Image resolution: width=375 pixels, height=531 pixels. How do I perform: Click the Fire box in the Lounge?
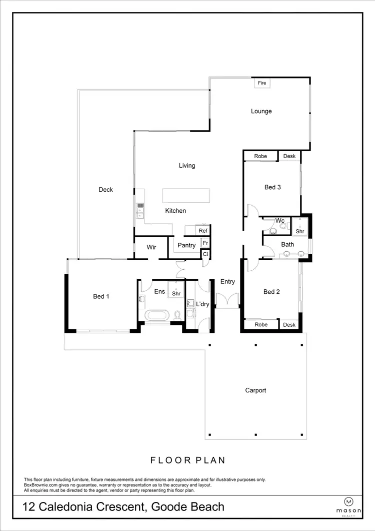[x=262, y=83]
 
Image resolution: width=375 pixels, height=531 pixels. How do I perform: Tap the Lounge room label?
[x=261, y=111]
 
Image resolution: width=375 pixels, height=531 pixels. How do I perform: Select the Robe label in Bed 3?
[x=260, y=156]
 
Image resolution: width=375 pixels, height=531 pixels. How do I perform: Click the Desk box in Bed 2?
[x=289, y=325]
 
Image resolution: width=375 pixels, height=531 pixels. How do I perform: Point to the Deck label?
[x=105, y=189]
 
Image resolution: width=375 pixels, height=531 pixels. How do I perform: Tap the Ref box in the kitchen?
[x=203, y=231]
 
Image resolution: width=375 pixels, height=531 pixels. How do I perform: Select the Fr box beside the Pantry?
[x=205, y=243]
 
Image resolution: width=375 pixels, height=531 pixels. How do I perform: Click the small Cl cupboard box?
[x=205, y=254]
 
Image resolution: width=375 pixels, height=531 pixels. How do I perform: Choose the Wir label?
[x=151, y=247]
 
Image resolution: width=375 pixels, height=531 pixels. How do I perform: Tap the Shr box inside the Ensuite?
[x=176, y=291]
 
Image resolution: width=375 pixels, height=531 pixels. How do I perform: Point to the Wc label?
[x=280, y=221]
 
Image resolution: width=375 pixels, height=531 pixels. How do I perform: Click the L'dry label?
[x=202, y=304]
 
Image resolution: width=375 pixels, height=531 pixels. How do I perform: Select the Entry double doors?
[x=228, y=300]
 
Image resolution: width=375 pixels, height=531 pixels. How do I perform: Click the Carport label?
[x=255, y=390]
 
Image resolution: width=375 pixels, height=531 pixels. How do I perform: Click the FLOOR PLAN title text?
[x=188, y=460]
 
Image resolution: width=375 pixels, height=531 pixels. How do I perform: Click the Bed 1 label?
[x=101, y=296]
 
